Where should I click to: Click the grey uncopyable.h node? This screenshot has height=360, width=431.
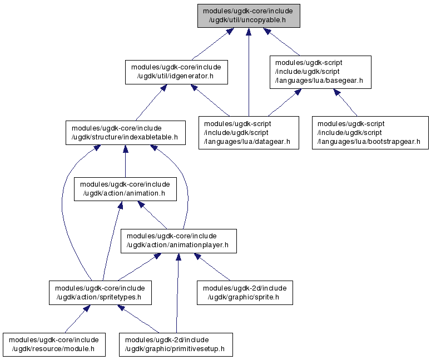(x=249, y=16)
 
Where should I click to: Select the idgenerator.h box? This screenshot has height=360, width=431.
(x=176, y=72)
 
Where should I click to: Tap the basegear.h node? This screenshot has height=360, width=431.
(x=320, y=72)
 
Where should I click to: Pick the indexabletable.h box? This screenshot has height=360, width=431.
(x=126, y=133)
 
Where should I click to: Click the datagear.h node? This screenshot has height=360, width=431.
(x=249, y=133)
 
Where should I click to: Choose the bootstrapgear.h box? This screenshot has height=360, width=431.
(x=370, y=133)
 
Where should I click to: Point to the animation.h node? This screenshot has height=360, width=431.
(x=125, y=189)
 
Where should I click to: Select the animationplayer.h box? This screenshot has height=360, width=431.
(x=179, y=241)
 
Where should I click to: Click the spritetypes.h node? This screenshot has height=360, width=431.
(x=100, y=292)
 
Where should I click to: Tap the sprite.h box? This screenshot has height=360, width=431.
(x=245, y=292)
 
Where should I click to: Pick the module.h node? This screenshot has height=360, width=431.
(x=54, y=344)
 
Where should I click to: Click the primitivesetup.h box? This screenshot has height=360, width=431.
(x=176, y=344)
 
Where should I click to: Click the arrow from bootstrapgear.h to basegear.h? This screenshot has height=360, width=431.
(x=345, y=102)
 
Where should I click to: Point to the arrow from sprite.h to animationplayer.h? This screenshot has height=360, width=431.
(x=212, y=267)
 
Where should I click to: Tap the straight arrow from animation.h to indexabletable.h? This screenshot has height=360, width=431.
(x=126, y=161)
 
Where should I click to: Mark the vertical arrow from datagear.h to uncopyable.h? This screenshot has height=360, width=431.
(x=249, y=72)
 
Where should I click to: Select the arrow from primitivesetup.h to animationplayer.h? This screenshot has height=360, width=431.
(x=177, y=293)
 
